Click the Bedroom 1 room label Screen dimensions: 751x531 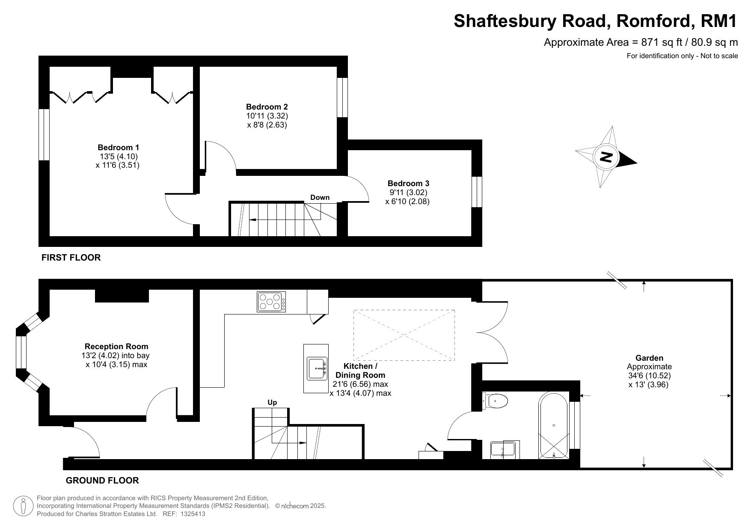click(x=118, y=148)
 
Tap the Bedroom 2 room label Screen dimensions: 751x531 click(x=267, y=107)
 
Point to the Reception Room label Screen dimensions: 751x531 click(x=116, y=347)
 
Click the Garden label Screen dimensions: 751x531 click(x=649, y=358)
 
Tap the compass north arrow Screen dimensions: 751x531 click(x=606, y=157)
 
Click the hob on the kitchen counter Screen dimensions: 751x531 click(x=271, y=302)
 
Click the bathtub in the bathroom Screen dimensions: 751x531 click(x=554, y=425)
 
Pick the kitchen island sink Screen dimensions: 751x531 click(x=316, y=368)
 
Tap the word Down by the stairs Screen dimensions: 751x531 click(x=320, y=197)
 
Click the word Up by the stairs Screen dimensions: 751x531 click(x=272, y=402)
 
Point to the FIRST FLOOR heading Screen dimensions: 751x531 click(x=71, y=258)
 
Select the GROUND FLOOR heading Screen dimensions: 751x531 click(x=102, y=481)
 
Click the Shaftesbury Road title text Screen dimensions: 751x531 click(x=596, y=21)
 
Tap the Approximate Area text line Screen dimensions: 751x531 click(x=641, y=42)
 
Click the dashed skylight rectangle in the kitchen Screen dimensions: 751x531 click(x=404, y=335)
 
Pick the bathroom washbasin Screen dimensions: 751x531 click(x=504, y=449)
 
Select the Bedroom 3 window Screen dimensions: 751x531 click(x=477, y=192)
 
